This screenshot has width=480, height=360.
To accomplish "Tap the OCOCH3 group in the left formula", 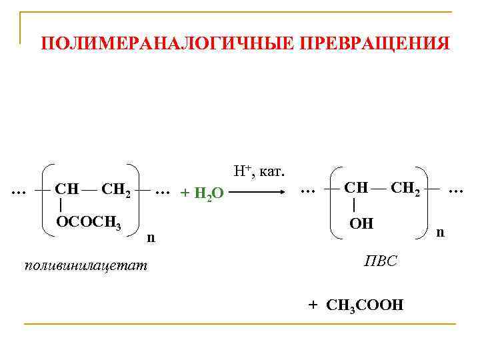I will [88, 223].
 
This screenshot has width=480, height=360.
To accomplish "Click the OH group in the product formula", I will [361, 223].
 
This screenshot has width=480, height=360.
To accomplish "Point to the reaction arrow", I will [259, 191].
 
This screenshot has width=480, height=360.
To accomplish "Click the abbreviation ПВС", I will [380, 261].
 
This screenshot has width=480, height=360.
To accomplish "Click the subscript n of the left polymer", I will [151, 237].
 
